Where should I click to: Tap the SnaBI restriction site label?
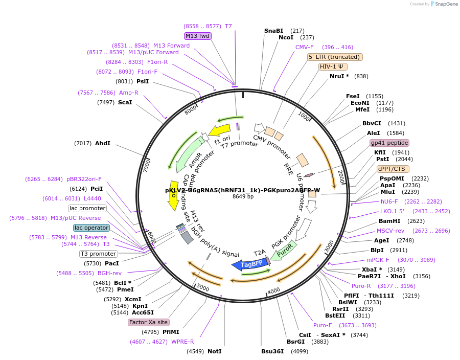pyautogui.click(x=273, y=31)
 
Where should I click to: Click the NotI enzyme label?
pyautogui.click(x=215, y=351)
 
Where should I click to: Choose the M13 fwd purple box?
pyautogui.click(x=198, y=36)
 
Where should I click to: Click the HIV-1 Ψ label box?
pyautogui.click(x=333, y=66)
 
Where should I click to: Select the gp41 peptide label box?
pyautogui.click(x=389, y=143)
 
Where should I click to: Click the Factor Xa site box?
pyautogui.click(x=148, y=322)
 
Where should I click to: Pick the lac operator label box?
pyautogui.click(x=91, y=228)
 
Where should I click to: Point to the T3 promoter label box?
pyautogui.click(x=99, y=254)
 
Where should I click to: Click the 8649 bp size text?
pyautogui.click(x=243, y=196)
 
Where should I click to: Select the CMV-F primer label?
pyautogui.click(x=305, y=47)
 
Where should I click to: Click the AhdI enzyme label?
pyautogui.click(x=102, y=143)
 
